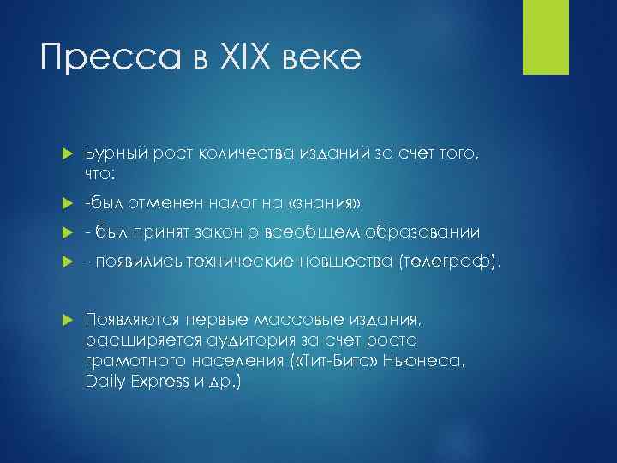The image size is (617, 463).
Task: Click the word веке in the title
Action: pos(324,59)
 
